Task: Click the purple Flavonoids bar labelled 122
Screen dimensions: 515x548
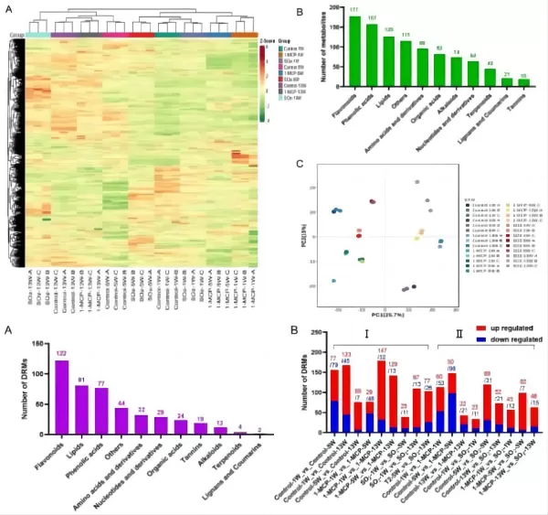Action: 62,399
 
